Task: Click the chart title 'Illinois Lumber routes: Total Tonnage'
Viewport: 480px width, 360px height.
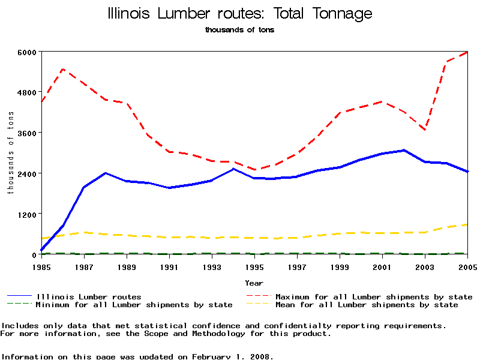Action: click(239, 14)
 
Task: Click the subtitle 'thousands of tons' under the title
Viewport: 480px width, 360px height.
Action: click(239, 29)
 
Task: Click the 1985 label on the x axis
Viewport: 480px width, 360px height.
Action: click(41, 266)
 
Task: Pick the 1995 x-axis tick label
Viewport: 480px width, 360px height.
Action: click(254, 266)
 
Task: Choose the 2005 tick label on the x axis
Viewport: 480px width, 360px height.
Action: click(467, 266)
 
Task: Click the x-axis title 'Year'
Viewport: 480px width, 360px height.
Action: click(254, 283)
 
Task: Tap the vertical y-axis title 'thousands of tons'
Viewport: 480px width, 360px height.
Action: click(10, 152)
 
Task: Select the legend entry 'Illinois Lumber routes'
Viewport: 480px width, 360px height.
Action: click(89, 296)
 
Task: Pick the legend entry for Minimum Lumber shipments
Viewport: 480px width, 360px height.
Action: click(134, 305)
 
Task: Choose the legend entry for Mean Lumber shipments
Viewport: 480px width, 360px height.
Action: click(367, 305)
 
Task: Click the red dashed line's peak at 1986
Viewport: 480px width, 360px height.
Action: click(63, 70)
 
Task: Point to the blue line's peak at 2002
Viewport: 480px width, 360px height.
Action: click(404, 150)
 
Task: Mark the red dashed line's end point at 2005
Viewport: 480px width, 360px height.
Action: click(467, 52)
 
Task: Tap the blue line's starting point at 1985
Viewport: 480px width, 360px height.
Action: click(41, 250)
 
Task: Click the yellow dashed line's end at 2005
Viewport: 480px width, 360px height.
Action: click(467, 224)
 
